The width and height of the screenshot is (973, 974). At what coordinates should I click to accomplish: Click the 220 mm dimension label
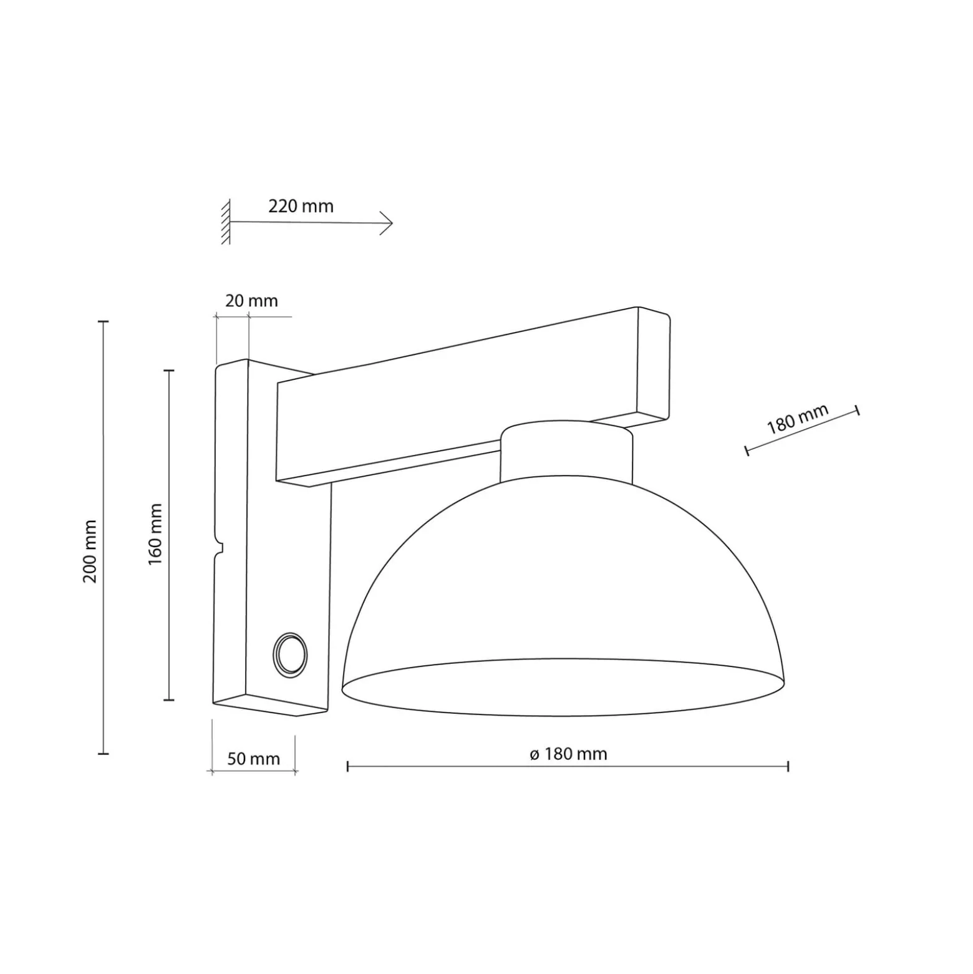point(301,206)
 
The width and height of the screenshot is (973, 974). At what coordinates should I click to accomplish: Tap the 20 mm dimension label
point(251,301)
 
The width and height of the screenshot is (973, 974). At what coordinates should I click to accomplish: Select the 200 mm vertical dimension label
point(90,551)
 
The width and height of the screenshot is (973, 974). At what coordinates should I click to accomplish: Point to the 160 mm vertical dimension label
point(155,535)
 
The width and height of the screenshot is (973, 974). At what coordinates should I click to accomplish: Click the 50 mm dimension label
point(253,759)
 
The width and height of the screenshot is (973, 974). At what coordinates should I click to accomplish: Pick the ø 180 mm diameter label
point(568,754)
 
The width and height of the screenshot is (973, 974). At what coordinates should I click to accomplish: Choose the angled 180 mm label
point(797,419)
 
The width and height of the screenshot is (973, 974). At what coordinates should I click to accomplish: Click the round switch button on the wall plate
point(290,655)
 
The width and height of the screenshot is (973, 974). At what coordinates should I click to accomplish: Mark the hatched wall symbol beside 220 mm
point(226,222)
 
